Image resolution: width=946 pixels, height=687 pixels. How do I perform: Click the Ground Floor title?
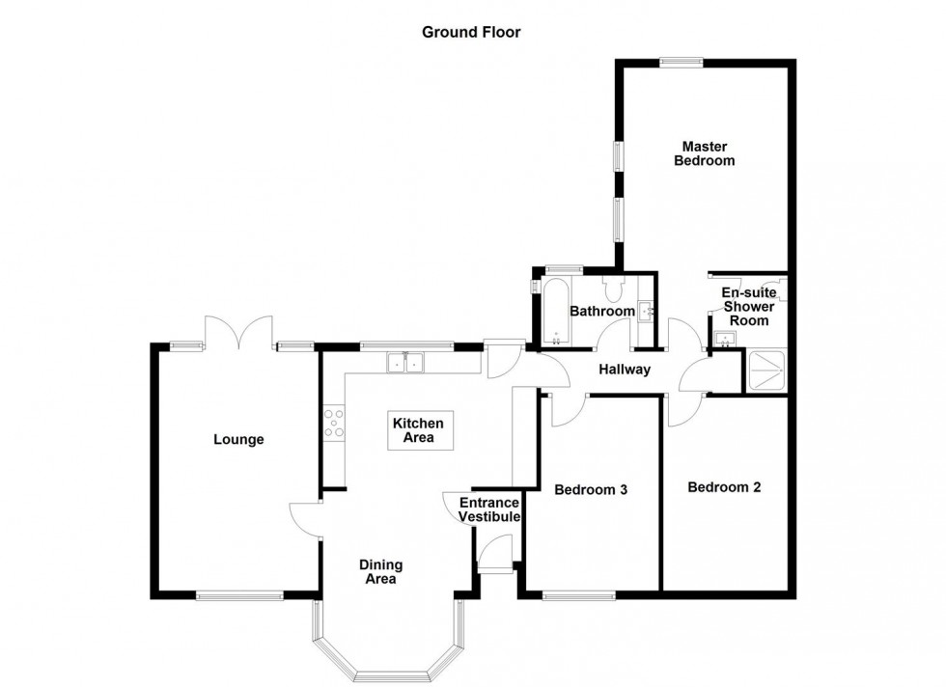coord(471,32)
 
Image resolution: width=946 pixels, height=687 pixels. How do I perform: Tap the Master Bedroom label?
coord(709,153)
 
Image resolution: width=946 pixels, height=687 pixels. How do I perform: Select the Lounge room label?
coord(238,440)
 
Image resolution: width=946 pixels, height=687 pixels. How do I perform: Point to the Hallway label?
coord(624,370)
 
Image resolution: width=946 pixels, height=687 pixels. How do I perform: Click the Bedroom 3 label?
coord(591,490)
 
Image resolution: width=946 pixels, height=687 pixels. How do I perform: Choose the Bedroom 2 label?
coord(724,487)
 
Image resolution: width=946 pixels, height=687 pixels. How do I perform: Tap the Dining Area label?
coord(380,572)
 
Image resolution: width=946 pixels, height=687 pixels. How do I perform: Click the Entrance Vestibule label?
coord(489,510)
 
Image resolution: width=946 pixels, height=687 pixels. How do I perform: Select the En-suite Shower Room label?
coord(748,307)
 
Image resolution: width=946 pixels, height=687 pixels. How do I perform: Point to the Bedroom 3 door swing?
coord(563,410)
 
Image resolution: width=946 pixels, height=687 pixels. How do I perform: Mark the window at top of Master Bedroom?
coord(682,64)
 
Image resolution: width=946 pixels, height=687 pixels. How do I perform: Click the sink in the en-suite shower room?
coord(725,337)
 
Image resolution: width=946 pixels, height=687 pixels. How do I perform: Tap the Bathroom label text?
coord(601,312)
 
